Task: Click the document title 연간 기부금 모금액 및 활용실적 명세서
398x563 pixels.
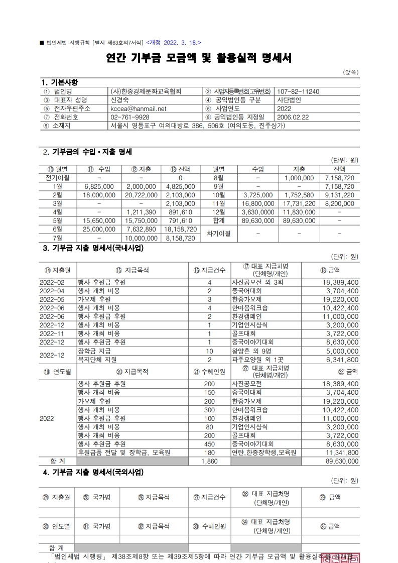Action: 199,59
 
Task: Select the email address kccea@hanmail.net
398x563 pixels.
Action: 138,108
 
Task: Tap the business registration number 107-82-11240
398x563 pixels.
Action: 298,91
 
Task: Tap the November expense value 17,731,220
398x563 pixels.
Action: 299,203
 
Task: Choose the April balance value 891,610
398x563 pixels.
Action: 180,212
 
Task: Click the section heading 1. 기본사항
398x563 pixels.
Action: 59,82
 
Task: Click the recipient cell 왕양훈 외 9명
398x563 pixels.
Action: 250,351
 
